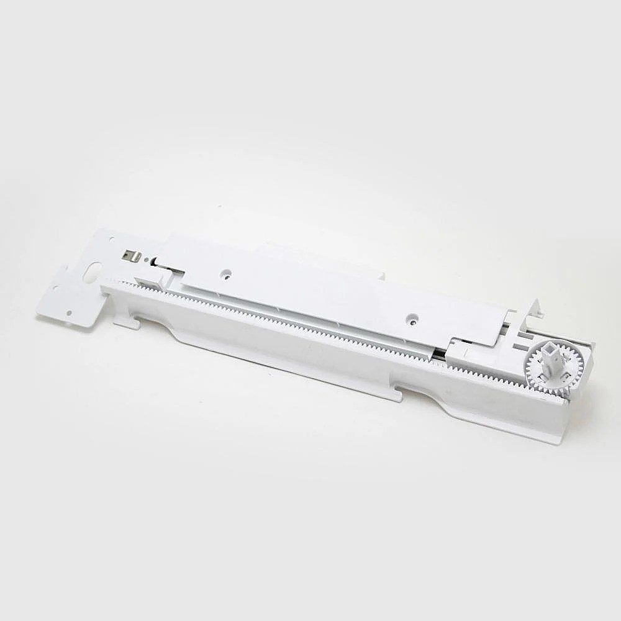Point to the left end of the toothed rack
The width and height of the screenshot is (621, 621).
(x=107, y=284)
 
